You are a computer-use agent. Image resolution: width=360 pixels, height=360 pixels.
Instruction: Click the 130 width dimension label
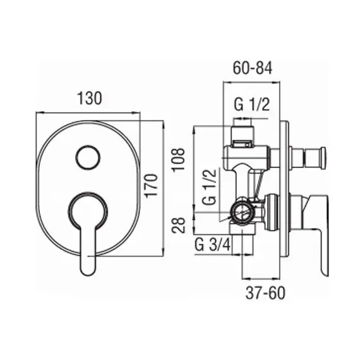89,98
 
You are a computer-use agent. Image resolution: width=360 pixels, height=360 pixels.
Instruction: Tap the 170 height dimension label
152,185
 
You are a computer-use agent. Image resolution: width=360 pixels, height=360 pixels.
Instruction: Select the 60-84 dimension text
253,68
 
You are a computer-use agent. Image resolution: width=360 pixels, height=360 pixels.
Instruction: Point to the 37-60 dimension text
265,293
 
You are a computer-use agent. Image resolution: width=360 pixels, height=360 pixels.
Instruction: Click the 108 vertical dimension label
178,159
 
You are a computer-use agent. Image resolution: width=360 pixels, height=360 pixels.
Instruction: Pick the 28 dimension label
178,225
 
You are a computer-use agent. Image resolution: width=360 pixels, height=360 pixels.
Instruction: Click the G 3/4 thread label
212,245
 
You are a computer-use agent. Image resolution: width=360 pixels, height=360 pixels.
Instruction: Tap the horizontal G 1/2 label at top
251,104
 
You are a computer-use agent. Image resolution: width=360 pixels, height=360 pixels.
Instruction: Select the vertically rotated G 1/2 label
210,187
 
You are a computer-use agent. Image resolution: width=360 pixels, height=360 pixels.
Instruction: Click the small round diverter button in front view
88,158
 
